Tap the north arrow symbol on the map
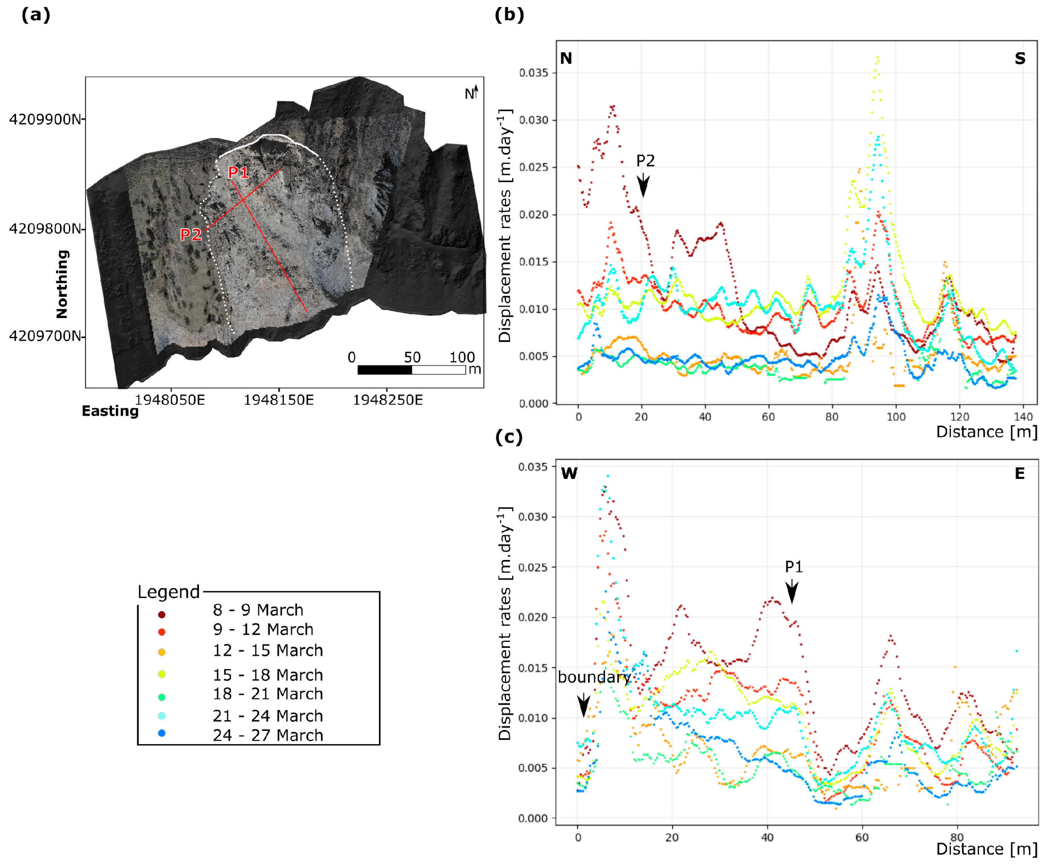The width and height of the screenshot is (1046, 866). pyautogui.click(x=476, y=92)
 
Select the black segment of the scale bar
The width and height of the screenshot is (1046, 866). pyautogui.click(x=384, y=370)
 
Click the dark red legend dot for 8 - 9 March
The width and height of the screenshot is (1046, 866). pyautogui.click(x=161, y=614)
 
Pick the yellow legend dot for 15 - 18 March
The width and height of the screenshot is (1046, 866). pyautogui.click(x=161, y=674)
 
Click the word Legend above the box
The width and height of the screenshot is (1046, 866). pyautogui.click(x=168, y=592)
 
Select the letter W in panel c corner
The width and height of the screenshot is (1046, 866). pyautogui.click(x=569, y=473)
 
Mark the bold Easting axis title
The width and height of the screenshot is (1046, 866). pyautogui.click(x=110, y=411)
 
